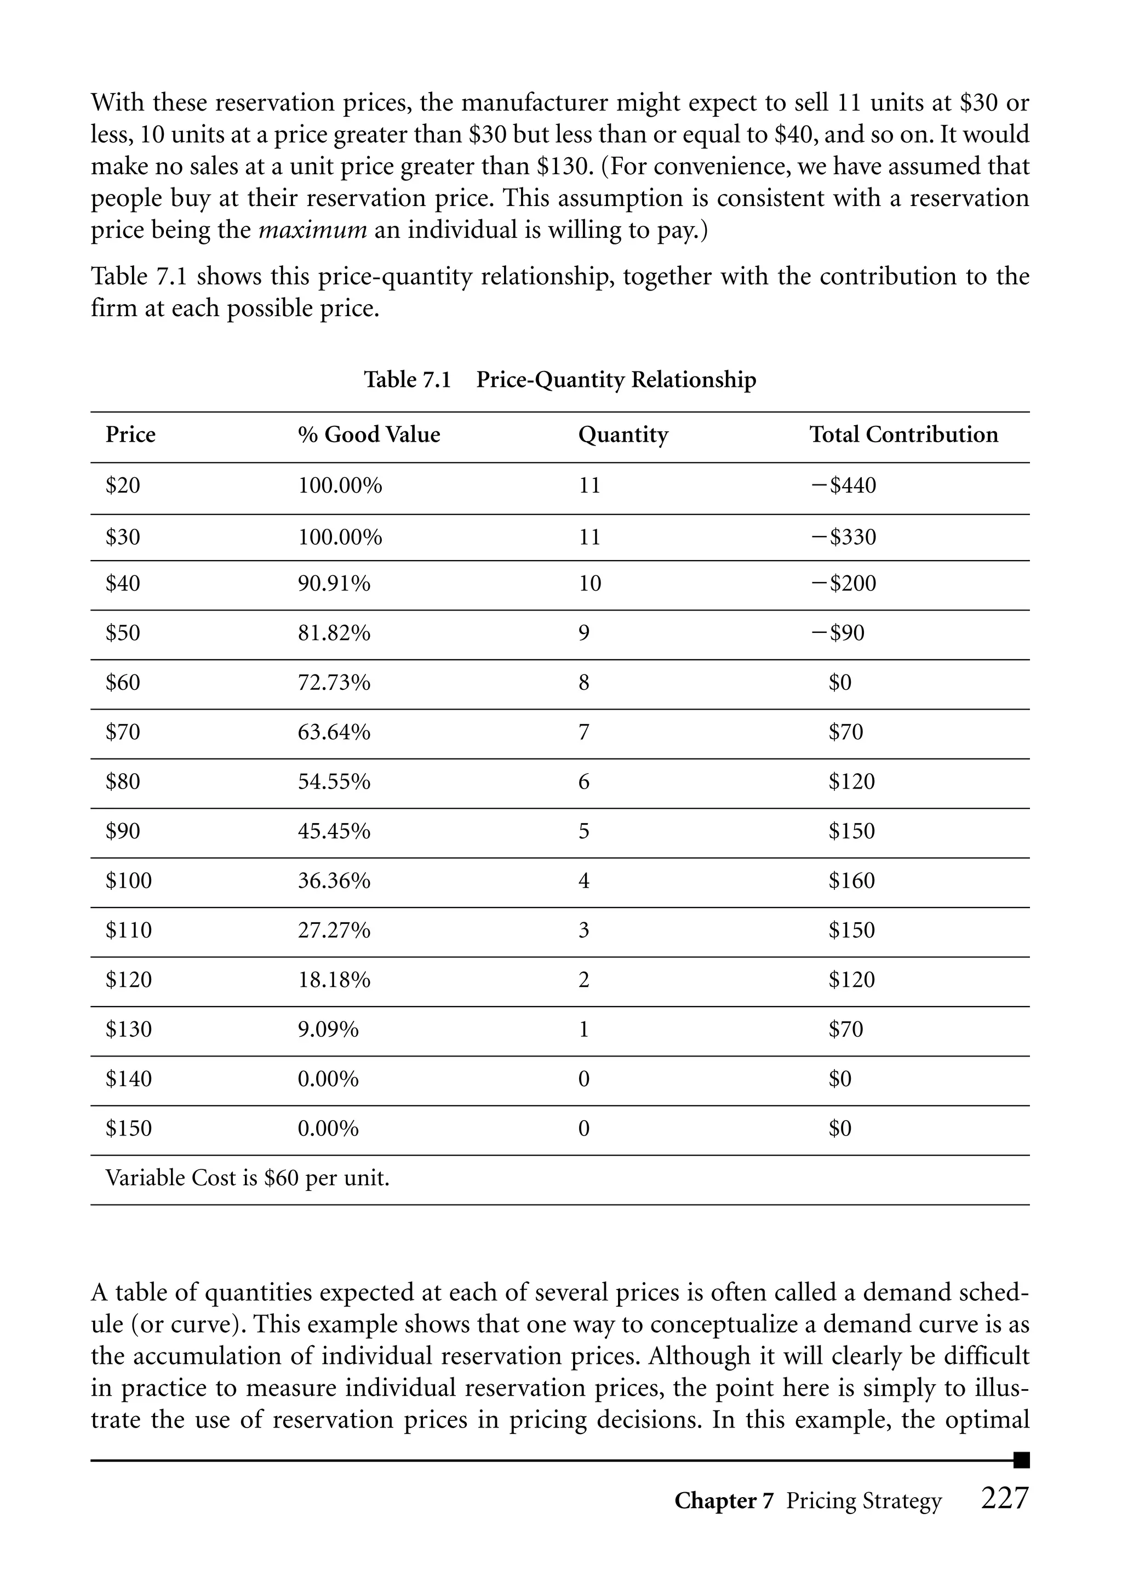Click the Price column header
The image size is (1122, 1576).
tap(130, 435)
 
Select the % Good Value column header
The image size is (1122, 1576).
tap(368, 435)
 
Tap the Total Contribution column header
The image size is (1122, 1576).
tap(903, 435)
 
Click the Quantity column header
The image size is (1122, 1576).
tap(622, 435)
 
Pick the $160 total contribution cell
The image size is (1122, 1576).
tap(851, 880)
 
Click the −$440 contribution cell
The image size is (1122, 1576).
tap(844, 485)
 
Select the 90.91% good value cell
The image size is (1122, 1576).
tap(334, 584)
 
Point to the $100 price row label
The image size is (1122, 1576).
tap(129, 880)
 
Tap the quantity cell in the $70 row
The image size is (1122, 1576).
tap(584, 732)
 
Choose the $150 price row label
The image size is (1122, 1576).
tap(129, 1128)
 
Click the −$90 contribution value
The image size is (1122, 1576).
tap(838, 633)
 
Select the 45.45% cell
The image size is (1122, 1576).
tap(334, 831)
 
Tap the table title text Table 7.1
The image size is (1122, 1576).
tap(408, 380)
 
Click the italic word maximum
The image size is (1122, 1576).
tap(312, 230)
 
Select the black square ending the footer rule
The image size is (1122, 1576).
tap(1021, 1460)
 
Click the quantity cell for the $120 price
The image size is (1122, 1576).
tap(584, 980)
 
